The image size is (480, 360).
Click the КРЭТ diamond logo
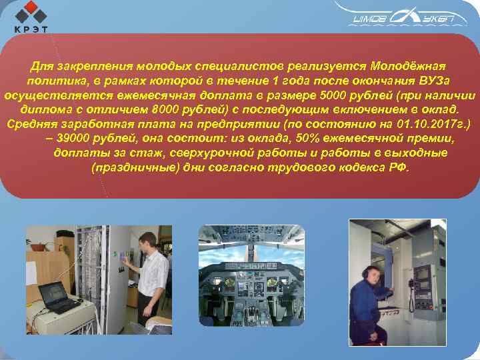[31, 15]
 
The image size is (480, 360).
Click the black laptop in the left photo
[57, 295]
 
